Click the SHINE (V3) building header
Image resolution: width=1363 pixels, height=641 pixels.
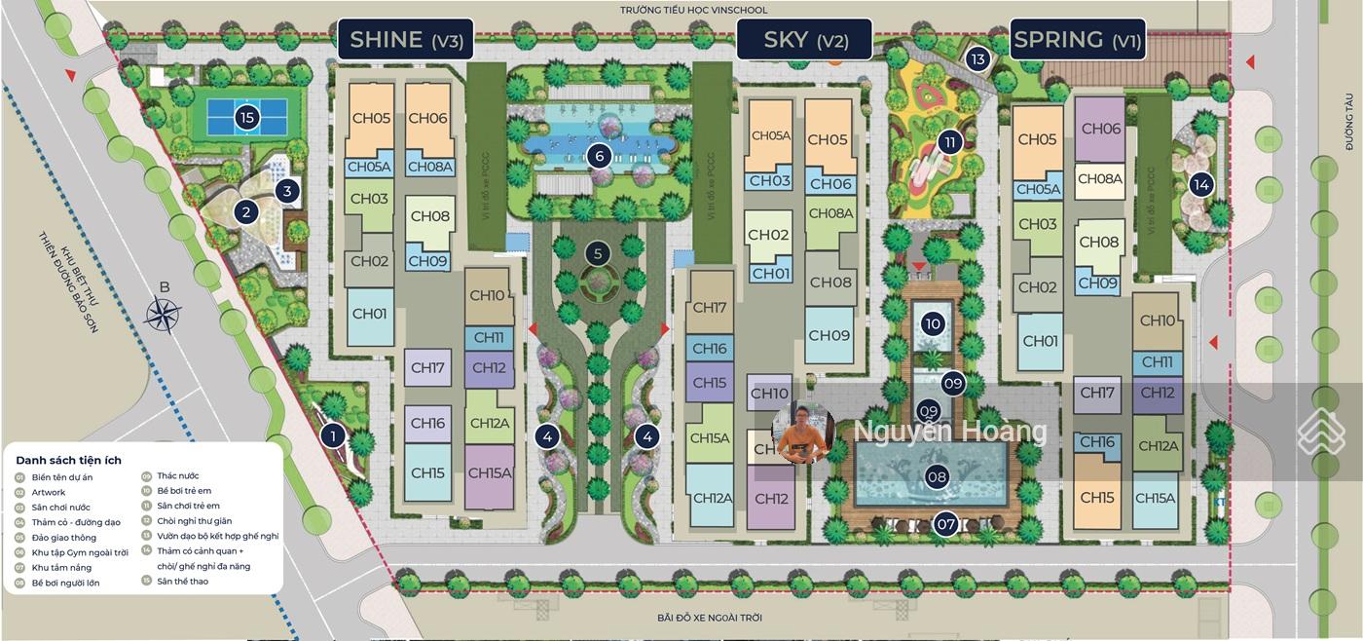coord(405,40)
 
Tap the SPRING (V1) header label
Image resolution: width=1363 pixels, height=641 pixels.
coord(1077,40)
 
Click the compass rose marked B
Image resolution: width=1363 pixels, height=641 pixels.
coord(163,314)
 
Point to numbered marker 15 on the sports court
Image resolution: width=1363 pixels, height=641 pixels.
coord(246,119)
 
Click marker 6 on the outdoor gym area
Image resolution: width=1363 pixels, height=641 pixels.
coord(600,155)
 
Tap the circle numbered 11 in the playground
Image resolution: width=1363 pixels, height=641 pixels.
coord(949,142)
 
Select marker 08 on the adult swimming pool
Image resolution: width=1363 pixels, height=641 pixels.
coord(937,477)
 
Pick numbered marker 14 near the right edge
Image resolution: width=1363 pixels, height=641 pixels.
coord(1200,184)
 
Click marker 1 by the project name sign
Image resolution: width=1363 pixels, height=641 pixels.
coord(333,435)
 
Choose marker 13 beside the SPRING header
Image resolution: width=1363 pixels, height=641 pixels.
coord(978,59)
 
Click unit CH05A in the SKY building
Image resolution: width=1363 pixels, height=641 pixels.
coord(771,136)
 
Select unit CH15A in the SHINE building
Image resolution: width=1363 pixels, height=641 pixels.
coord(490,473)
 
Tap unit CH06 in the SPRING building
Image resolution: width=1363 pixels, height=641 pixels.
coord(1100,129)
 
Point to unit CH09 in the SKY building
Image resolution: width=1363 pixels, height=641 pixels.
coord(829,335)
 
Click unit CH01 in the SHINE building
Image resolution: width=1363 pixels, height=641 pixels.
coord(370,314)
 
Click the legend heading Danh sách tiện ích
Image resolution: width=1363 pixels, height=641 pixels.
coord(68,460)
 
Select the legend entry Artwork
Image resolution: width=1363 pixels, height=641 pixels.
coord(49,493)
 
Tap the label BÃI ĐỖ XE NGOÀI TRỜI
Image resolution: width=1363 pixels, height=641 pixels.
coord(709,619)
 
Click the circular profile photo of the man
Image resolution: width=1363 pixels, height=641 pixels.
coord(804,432)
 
